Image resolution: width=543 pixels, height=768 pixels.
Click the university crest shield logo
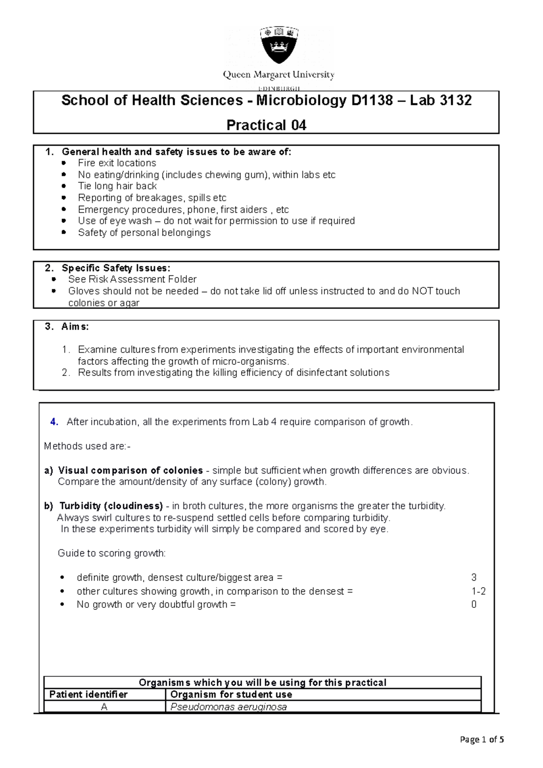click(x=279, y=45)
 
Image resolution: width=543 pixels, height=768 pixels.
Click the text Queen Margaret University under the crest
click(x=278, y=75)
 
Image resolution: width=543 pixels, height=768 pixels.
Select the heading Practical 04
click(x=266, y=125)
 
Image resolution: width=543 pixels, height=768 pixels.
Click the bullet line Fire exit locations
click(x=117, y=163)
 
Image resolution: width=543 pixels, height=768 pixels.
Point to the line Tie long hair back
click(x=117, y=186)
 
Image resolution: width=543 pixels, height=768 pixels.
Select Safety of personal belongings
click(x=144, y=232)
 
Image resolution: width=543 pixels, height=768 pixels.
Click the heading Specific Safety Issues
click(x=116, y=268)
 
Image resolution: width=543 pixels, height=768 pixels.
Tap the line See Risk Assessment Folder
click(x=132, y=279)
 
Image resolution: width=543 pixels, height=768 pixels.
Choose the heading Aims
click(x=75, y=327)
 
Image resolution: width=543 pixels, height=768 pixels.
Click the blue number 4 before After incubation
click(x=54, y=422)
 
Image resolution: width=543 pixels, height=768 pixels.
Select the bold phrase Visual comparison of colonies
click(x=130, y=470)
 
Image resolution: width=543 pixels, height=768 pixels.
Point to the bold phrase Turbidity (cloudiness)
click(x=111, y=506)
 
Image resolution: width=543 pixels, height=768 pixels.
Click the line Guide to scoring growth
click(x=112, y=553)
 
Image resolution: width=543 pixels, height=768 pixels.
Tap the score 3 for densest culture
click(x=474, y=578)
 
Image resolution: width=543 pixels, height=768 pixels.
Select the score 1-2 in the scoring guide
click(x=478, y=591)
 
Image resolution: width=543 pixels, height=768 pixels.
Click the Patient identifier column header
click(x=88, y=694)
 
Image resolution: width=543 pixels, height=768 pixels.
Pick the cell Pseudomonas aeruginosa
click(x=229, y=707)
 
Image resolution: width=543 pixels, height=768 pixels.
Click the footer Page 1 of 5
click(x=481, y=740)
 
